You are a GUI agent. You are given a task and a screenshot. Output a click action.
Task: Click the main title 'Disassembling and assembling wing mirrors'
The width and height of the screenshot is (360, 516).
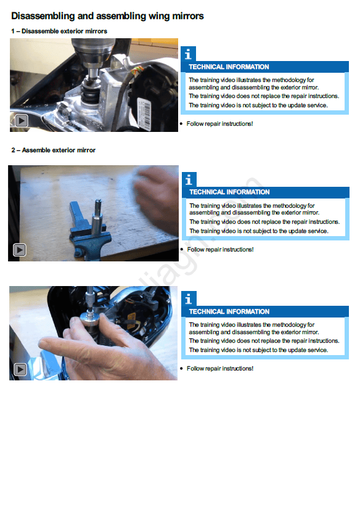[x=107, y=16]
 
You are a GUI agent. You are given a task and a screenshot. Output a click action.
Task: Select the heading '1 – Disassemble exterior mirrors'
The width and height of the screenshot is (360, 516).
[x=59, y=31]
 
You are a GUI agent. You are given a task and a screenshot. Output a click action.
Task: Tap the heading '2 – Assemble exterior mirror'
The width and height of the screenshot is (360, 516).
[x=53, y=150]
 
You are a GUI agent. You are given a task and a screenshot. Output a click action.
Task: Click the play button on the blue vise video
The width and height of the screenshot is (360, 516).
[x=19, y=250]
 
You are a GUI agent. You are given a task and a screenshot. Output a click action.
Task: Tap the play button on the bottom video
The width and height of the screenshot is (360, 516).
[x=20, y=369]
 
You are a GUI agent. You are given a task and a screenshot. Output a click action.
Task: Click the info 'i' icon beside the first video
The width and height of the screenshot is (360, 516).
[x=188, y=54]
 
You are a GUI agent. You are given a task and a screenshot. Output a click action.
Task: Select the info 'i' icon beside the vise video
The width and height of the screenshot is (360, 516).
[x=189, y=179]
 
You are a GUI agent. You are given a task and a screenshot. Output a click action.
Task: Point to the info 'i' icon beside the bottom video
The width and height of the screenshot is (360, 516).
[x=189, y=298]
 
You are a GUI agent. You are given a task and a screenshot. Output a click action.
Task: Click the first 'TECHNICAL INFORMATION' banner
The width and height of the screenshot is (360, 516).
[x=264, y=67]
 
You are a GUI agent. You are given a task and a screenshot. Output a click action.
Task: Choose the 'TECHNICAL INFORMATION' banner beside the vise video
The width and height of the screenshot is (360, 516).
[x=266, y=192]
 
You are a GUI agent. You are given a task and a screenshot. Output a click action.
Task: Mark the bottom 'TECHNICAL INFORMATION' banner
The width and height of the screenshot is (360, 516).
[x=265, y=312]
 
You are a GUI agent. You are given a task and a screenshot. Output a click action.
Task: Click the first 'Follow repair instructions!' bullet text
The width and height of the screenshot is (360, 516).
[x=219, y=124]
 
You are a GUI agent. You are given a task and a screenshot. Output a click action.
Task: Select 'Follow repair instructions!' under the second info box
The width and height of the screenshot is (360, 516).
[x=220, y=250]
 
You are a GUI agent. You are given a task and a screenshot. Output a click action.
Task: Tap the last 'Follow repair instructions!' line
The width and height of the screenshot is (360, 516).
[x=220, y=369]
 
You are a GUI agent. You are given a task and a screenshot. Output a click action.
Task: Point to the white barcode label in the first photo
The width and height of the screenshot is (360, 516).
[x=144, y=113]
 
